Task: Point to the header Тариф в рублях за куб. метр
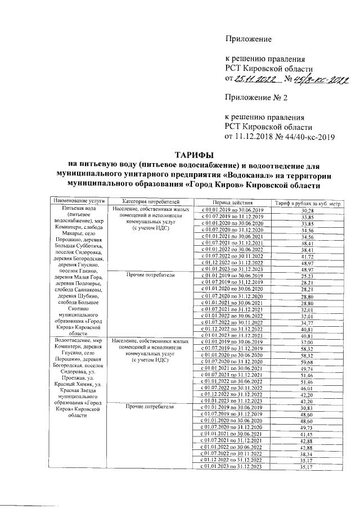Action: tap(308, 202)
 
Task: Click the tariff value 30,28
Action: tap(307, 210)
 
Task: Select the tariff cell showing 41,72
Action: tap(307, 256)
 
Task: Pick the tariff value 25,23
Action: tap(307, 276)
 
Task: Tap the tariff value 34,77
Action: tap(307, 322)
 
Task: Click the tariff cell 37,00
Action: tap(307, 342)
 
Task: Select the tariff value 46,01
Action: tap(307, 389)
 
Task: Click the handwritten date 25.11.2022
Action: tap(255, 79)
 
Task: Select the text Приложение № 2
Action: tap(256, 98)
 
